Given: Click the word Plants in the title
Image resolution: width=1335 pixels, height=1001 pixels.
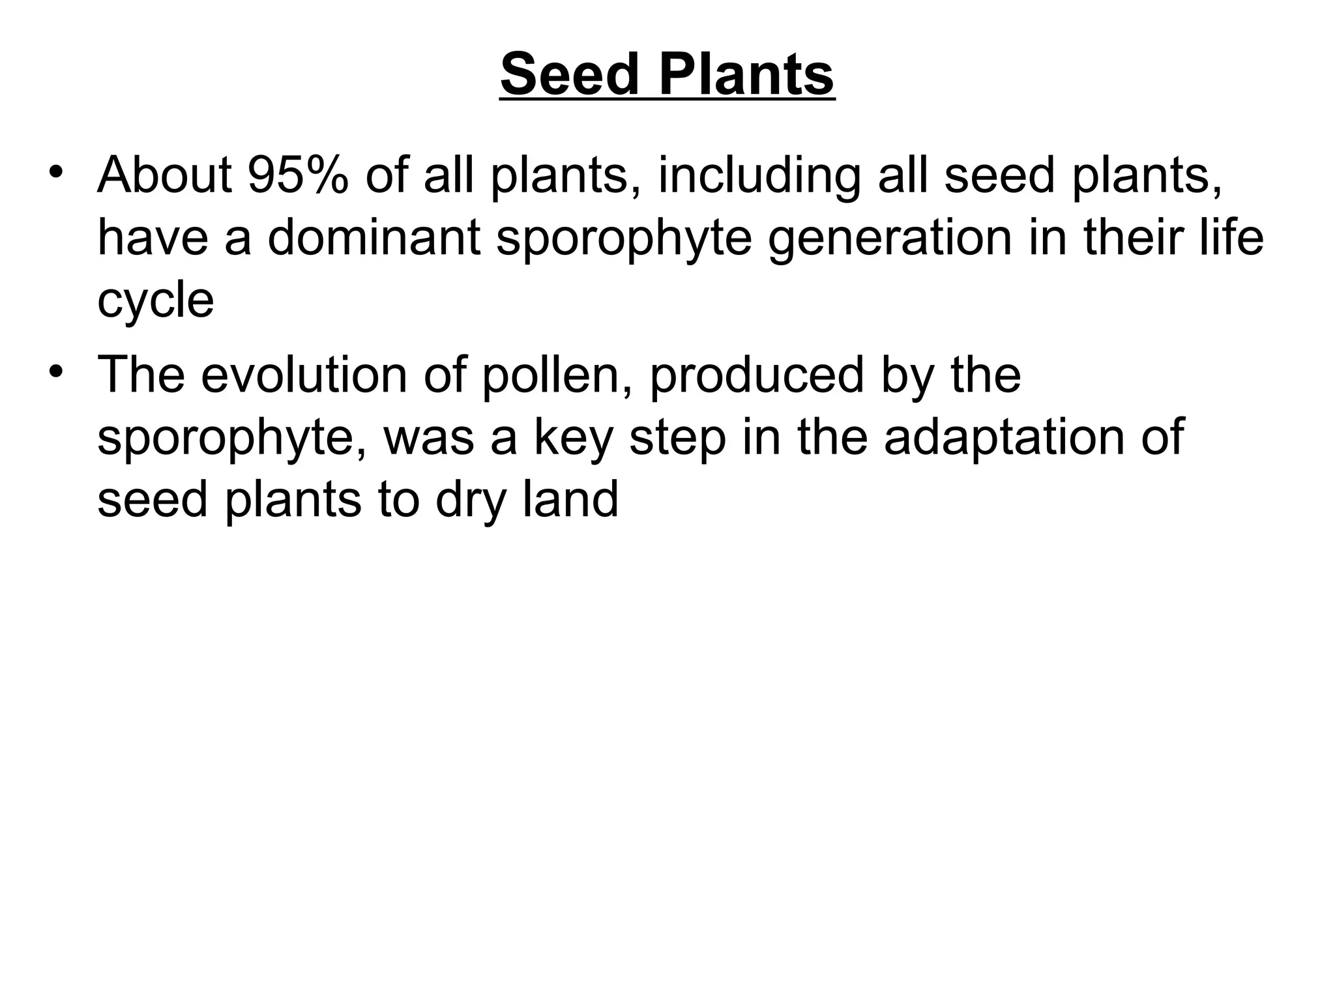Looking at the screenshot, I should [746, 75].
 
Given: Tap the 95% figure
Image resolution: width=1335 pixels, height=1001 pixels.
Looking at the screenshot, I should [298, 175].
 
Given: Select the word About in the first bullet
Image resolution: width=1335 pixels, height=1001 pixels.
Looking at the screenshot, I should [164, 175].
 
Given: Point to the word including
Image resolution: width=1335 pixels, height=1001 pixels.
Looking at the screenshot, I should [759, 177].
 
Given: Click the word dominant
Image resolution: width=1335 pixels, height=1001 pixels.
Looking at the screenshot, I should [374, 237].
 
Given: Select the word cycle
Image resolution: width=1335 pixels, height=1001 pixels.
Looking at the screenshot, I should [155, 300].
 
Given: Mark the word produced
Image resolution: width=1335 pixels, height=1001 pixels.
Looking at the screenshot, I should [756, 376].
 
